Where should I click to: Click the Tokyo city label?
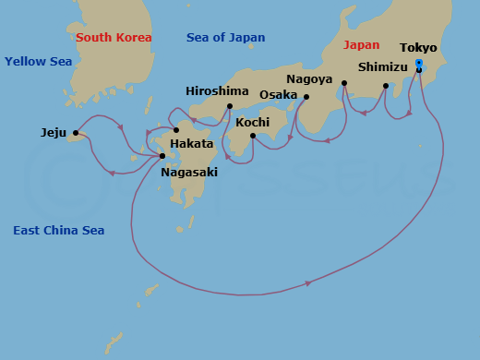[x=418, y=48]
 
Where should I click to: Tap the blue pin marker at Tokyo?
[x=419, y=64]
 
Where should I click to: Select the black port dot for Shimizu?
[x=386, y=86]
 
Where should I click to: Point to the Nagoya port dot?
[x=344, y=83]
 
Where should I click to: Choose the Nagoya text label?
[x=309, y=79]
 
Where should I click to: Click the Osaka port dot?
[x=306, y=97]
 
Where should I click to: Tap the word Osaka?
[x=279, y=95]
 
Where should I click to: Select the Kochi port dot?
[x=253, y=136]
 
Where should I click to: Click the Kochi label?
[x=253, y=122]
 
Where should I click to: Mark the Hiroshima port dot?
[x=229, y=106]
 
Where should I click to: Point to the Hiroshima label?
[x=217, y=91]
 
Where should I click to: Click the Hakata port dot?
[x=176, y=129]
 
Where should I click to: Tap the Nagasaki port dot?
[x=162, y=156]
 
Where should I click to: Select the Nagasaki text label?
[x=190, y=172]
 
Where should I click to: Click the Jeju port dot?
[x=76, y=133]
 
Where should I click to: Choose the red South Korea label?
[x=114, y=38]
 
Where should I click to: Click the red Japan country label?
[x=361, y=44]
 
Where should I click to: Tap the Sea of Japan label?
[x=225, y=38]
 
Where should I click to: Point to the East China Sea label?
[x=58, y=230]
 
